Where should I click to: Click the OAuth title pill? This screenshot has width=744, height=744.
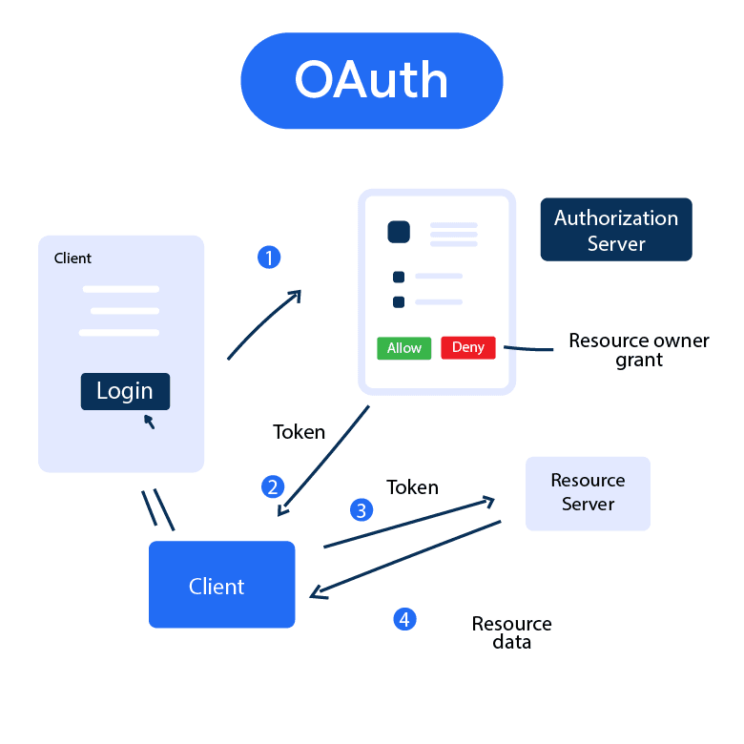click(x=371, y=80)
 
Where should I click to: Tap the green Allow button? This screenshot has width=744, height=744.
click(x=403, y=348)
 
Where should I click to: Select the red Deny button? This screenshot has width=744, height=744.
click(x=467, y=348)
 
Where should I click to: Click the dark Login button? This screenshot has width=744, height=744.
click(x=125, y=391)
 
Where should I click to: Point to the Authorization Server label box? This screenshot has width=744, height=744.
click(x=615, y=230)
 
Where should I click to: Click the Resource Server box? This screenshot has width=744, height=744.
click(x=588, y=493)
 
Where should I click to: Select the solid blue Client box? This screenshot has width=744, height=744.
click(x=221, y=585)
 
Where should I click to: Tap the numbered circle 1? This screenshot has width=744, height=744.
click(x=270, y=258)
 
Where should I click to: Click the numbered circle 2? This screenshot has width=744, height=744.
click(x=273, y=487)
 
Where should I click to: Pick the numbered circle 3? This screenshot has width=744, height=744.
click(x=361, y=510)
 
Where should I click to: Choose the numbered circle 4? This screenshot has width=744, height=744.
click(x=404, y=619)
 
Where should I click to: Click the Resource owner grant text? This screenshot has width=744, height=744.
click(x=638, y=350)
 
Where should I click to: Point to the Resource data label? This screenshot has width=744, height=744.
click(x=511, y=632)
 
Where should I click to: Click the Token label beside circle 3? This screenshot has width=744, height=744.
click(x=412, y=487)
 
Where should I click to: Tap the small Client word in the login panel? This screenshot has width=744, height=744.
click(x=72, y=258)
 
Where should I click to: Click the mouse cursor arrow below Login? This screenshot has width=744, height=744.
click(x=149, y=421)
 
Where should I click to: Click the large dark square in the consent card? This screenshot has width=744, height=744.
click(x=399, y=232)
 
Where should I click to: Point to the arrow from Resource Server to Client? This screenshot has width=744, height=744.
click(x=405, y=560)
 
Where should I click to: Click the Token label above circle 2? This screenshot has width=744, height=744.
click(x=299, y=432)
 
